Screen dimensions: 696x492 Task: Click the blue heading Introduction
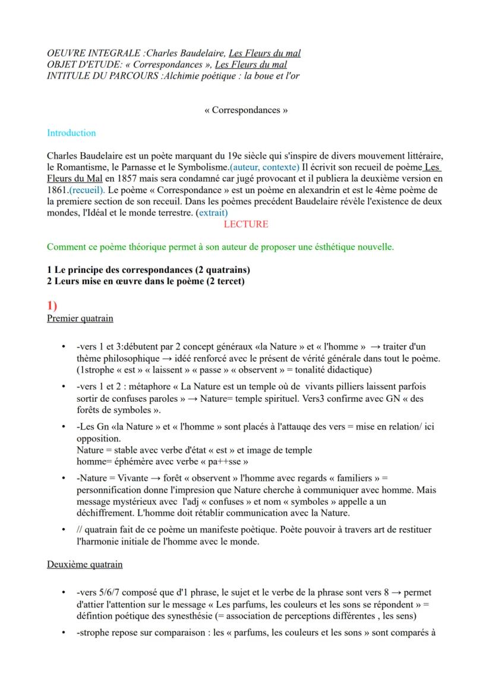coord(71,133)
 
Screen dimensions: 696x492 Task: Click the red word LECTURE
coord(246,224)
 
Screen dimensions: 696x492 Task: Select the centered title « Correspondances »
coord(246,111)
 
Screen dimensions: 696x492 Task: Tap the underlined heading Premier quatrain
coord(80,318)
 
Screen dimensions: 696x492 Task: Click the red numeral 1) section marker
coord(52,306)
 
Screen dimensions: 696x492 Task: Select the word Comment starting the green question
coord(65,247)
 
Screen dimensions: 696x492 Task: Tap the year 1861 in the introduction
coord(57,190)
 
